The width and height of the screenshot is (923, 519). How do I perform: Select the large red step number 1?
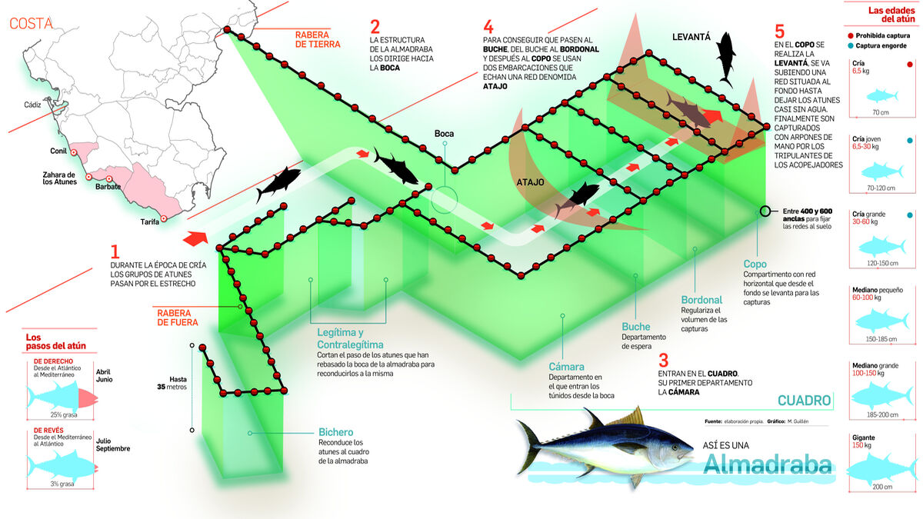(x=115, y=252)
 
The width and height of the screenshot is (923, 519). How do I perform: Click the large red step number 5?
(x=780, y=32)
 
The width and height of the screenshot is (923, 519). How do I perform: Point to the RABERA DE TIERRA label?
(x=323, y=39)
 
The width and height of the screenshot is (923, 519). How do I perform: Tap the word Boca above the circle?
(x=444, y=134)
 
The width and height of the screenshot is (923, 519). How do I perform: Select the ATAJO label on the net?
(x=530, y=183)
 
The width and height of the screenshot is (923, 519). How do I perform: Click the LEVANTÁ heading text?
(x=690, y=37)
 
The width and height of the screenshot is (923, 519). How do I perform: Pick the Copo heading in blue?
(x=755, y=263)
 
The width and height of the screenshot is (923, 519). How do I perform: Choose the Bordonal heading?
(x=701, y=300)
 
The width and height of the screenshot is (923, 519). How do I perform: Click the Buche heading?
(x=636, y=326)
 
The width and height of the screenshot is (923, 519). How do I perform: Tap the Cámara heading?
(x=566, y=367)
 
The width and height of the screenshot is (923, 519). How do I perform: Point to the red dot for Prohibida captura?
(x=850, y=35)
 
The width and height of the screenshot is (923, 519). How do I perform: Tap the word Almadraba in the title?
(x=768, y=465)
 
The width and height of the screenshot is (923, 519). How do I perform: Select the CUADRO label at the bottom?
(x=804, y=401)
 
